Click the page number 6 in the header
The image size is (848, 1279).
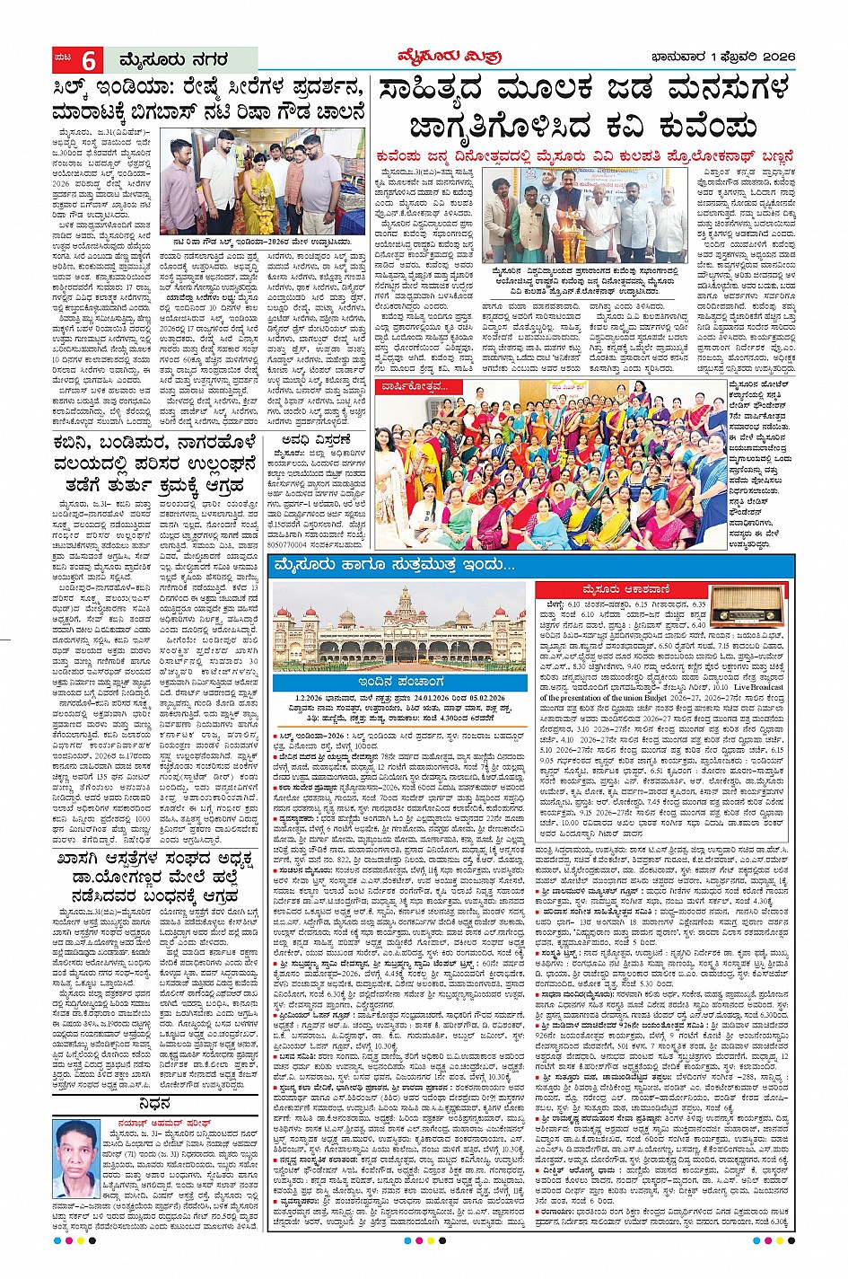click(89, 60)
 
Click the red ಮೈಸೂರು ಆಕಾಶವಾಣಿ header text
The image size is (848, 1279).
click(620, 589)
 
